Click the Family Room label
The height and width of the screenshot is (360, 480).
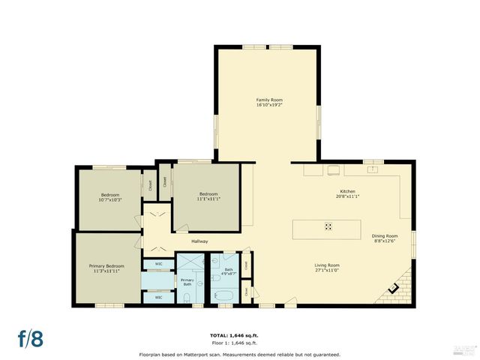[269, 100]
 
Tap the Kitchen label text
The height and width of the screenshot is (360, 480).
[346, 191]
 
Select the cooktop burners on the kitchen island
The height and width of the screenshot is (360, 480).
[328, 226]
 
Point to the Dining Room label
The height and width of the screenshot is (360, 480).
[385, 236]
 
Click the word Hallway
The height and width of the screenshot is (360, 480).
[199, 241]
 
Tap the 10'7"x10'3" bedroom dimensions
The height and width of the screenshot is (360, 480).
[110, 200]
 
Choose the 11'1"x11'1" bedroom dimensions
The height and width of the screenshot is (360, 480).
[207, 199]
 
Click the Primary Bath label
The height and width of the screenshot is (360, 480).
[187, 282]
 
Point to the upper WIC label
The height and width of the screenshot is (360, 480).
[158, 263]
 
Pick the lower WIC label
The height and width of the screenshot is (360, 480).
[158, 298]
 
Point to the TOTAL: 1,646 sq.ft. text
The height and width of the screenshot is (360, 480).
[239, 335]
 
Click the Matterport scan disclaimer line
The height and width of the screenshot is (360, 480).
[239, 354]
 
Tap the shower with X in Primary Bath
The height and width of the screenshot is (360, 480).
[184, 264]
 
